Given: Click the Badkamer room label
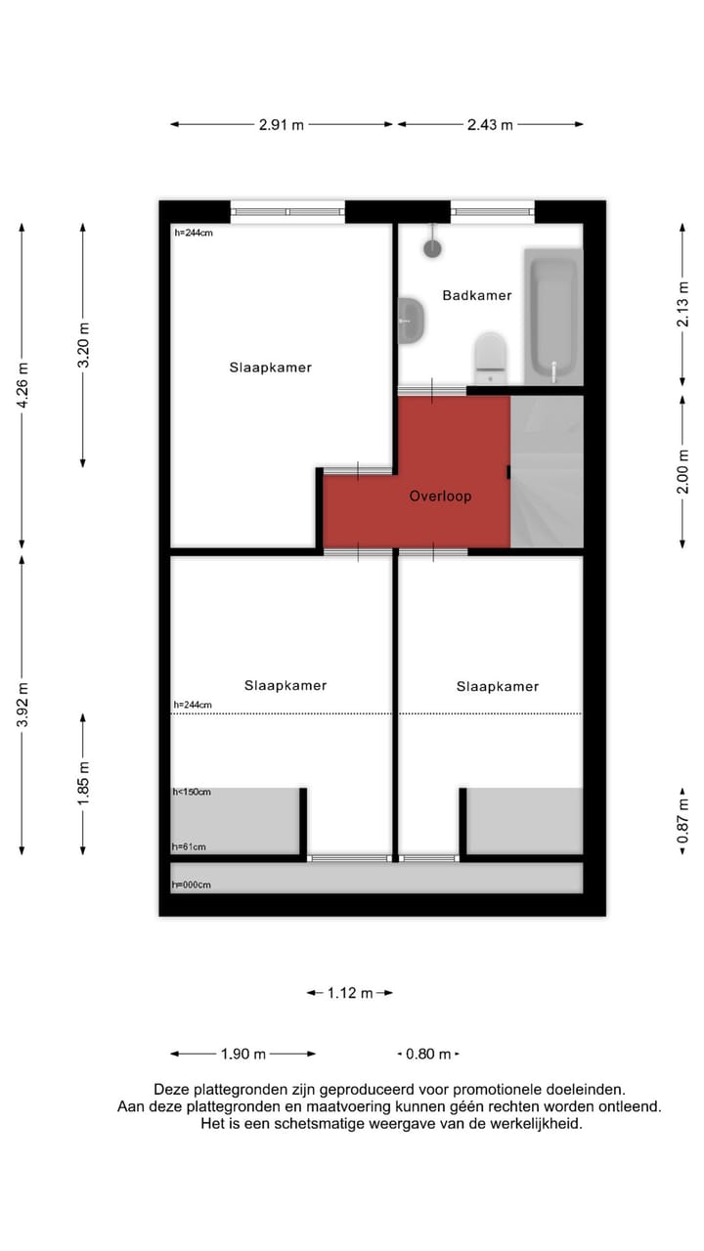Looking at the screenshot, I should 476,295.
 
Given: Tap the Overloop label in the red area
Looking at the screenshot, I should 440,496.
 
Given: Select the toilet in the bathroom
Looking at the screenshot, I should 490,357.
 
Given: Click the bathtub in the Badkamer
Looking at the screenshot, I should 553,317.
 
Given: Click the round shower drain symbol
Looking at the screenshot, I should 432,248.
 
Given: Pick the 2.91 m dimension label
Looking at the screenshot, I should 281,125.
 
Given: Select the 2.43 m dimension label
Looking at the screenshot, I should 490,125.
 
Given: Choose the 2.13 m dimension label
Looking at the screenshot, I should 683,304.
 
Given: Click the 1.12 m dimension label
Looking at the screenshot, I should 350,993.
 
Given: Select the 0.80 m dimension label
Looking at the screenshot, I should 428,1054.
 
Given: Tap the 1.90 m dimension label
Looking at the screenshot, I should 243,1054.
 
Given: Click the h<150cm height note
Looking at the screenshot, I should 192,792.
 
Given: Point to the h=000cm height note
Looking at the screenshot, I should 192,884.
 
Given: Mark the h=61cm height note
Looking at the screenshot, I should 189,846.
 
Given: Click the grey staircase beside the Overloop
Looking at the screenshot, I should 547,472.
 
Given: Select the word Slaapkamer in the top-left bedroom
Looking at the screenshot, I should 271,367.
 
